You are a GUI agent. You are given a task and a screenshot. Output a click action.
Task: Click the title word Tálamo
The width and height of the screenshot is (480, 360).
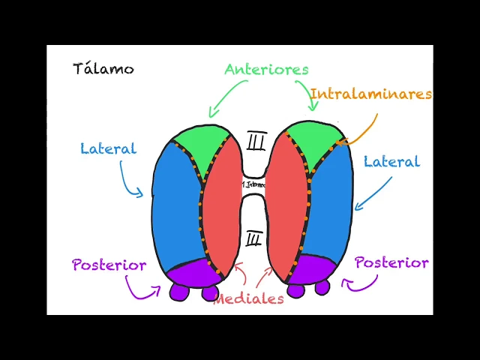click(103, 69)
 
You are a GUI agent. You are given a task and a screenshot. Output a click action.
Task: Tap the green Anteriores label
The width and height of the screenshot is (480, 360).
click(266, 69)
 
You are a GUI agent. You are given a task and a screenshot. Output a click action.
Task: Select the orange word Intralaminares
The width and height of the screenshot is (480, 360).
click(370, 94)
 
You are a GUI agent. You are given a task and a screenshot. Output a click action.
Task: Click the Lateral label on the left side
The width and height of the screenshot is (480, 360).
click(108, 148)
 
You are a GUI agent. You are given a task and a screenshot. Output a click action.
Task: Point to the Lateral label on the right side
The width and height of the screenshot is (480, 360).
click(391, 161)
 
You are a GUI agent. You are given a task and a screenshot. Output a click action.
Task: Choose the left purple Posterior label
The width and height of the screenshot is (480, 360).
click(109, 265)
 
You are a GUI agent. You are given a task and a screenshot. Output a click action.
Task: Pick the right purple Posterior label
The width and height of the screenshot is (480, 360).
click(391, 262)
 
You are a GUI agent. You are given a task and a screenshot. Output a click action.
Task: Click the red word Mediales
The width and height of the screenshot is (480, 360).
click(249, 298)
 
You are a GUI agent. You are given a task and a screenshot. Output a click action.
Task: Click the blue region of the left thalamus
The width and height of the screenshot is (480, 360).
click(175, 210)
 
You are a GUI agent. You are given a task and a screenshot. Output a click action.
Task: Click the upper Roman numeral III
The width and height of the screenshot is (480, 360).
click(256, 141)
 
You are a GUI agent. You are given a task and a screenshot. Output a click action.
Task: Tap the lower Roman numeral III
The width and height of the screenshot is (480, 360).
click(253, 239)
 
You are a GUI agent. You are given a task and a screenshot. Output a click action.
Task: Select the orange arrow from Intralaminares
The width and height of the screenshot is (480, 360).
click(360, 130)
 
